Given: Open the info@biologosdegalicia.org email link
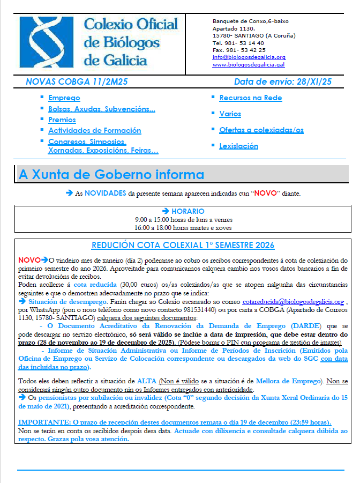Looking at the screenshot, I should click(x=249, y=57).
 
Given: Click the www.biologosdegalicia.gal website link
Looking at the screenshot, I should click(x=248, y=64).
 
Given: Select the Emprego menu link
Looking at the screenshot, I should click(x=64, y=98).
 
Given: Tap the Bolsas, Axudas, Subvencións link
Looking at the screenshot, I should click(x=102, y=109).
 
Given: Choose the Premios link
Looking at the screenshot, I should click(x=62, y=120).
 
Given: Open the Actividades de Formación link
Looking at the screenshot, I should click(x=94, y=130).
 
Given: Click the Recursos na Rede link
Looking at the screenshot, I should click(x=250, y=98).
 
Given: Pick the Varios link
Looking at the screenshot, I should click(x=230, y=114).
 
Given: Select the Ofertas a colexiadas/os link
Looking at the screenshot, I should click(x=261, y=130).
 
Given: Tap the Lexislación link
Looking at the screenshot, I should click(x=238, y=146).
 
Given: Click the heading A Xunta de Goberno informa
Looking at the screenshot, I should click(x=111, y=175).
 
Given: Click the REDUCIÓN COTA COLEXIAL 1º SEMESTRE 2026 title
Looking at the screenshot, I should click(x=183, y=246).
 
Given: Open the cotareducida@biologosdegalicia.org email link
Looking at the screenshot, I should click(x=292, y=302).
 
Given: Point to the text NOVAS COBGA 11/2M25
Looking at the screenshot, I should click(x=76, y=82).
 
